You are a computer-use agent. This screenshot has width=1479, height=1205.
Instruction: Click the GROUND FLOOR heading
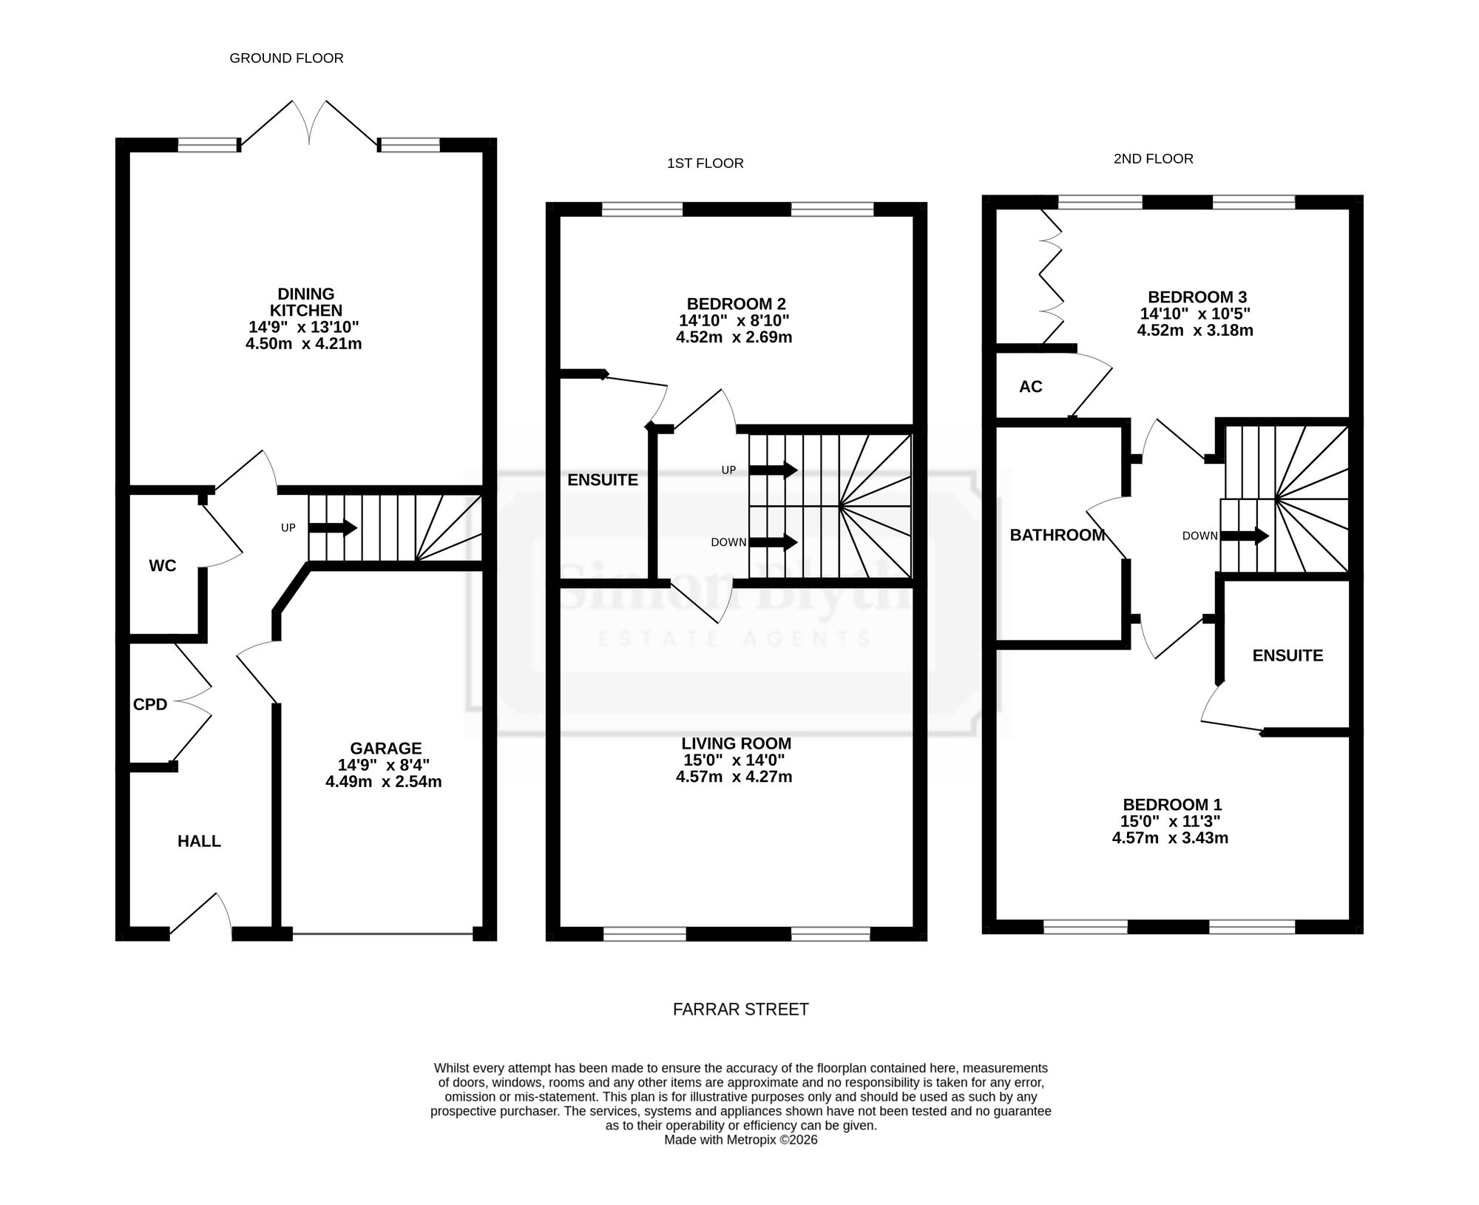point(286,58)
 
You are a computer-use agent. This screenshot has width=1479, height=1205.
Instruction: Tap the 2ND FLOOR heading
point(1153,158)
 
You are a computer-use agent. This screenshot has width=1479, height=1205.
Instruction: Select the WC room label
point(163,566)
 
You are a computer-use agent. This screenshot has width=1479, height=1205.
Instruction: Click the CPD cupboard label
point(150,704)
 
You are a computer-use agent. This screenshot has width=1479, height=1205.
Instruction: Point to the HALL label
point(199,841)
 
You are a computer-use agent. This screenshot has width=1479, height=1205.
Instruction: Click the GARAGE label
point(385,748)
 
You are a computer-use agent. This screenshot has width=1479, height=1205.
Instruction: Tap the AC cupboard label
point(1030,386)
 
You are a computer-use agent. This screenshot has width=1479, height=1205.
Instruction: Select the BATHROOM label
point(1057,535)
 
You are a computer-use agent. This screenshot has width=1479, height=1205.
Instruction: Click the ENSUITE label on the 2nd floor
point(1287,655)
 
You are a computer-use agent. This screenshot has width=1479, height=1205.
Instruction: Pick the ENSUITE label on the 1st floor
point(603,480)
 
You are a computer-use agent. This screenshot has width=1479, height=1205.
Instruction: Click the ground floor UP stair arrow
point(333,527)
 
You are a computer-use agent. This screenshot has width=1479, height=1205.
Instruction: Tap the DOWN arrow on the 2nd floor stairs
point(1245,535)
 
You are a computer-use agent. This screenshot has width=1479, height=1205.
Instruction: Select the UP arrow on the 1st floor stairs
point(773,470)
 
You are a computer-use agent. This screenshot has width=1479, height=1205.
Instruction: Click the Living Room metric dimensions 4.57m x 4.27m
point(734,777)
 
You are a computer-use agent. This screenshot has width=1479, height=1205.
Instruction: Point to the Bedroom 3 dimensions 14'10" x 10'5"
point(1195,314)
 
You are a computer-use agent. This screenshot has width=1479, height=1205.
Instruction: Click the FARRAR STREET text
point(740,1010)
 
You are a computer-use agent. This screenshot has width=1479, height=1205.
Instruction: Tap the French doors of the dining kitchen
point(311,124)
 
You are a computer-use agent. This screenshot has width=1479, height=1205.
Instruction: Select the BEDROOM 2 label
point(736,304)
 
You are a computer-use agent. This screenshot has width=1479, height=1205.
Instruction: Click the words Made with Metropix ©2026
point(740,1140)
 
